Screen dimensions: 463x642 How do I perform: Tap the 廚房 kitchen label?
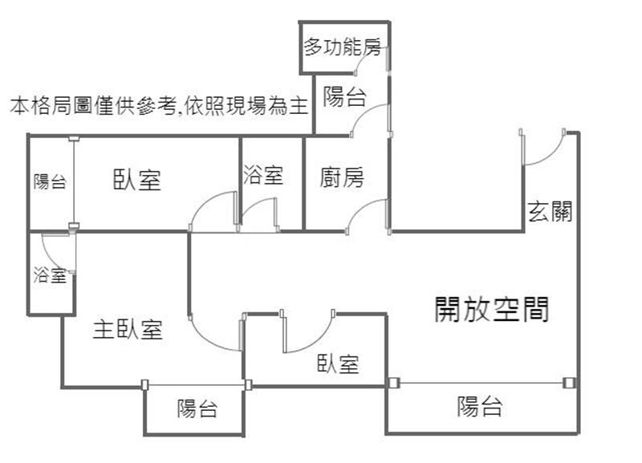coord(341,177)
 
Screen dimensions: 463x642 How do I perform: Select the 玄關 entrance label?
coord(550,212)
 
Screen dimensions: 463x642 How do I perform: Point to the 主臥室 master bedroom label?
coord(128,329)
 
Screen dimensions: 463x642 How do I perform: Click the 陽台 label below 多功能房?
coord(345,98)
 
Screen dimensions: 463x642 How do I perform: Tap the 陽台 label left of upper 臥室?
coord(50,182)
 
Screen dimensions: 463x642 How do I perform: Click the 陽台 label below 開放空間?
coord(480,407)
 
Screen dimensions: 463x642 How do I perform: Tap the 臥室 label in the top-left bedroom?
coord(136,180)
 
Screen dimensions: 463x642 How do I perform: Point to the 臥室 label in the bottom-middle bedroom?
coord(338,364)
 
